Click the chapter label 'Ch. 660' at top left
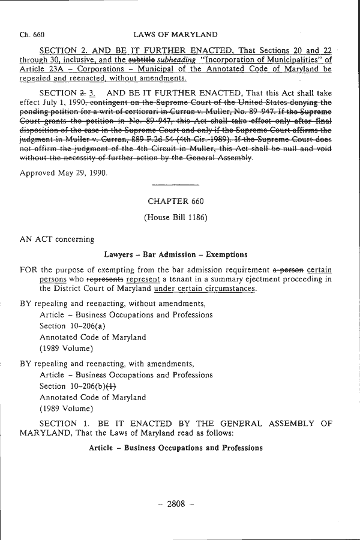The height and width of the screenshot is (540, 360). tap(32, 35)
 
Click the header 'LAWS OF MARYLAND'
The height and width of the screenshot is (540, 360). tap(175, 35)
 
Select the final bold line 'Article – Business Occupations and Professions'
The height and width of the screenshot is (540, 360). tap(176, 448)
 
